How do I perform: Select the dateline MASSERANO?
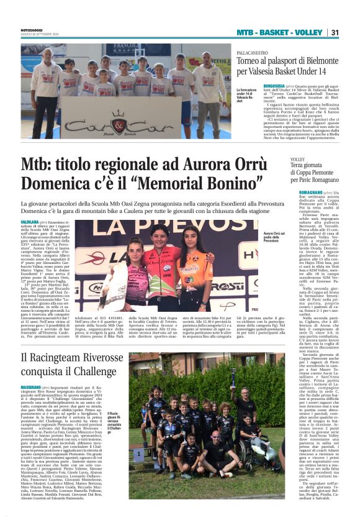[32, 386]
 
